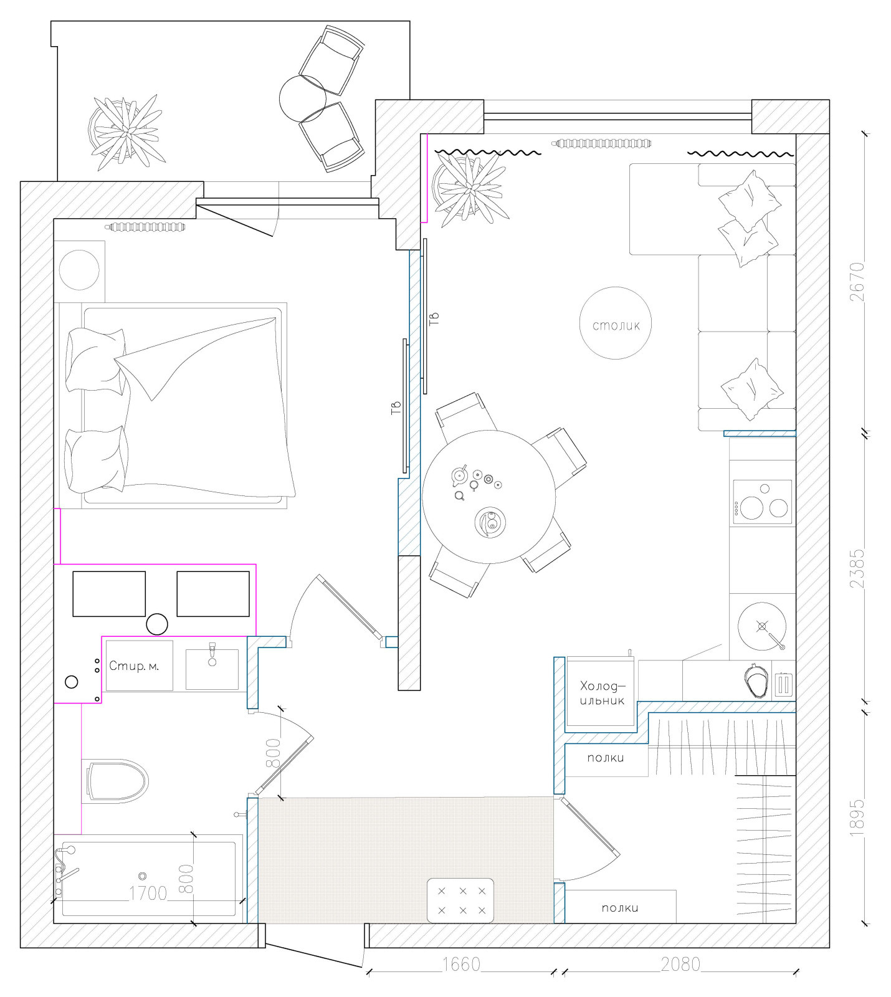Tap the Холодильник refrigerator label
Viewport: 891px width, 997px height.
click(x=602, y=693)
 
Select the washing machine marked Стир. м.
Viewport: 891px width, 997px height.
click(x=139, y=665)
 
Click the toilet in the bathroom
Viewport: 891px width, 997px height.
click(x=117, y=780)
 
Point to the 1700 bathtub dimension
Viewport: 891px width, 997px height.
click(x=148, y=894)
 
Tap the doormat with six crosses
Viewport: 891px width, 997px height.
click(x=461, y=900)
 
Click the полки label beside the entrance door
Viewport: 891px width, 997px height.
click(x=620, y=908)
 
